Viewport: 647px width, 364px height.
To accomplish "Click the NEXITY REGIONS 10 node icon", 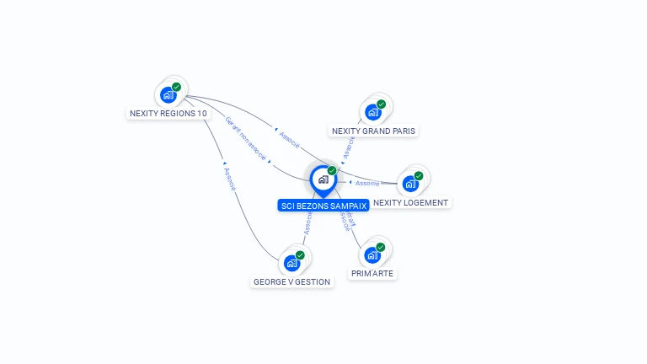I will [x=168, y=94].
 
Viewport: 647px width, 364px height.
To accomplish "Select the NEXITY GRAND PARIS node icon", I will [x=373, y=112].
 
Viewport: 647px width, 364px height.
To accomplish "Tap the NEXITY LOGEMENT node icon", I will [x=410, y=183].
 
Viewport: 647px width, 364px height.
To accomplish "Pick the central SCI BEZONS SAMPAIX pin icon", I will [x=323, y=179].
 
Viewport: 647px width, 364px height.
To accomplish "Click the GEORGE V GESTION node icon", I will [x=291, y=263].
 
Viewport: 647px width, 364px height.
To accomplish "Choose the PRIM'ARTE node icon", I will [x=372, y=254].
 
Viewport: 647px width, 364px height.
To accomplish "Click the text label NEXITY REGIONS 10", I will [x=168, y=113].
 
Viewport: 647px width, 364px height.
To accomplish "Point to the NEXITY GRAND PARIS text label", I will [x=374, y=131].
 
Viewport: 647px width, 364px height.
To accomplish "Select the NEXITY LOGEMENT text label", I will [x=410, y=202].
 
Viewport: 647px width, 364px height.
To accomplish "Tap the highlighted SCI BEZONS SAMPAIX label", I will [x=323, y=206].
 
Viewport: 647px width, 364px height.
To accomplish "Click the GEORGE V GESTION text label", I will [x=291, y=281].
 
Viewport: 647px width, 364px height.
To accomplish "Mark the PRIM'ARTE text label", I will [x=372, y=273].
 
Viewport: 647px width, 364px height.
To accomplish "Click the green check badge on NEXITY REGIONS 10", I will [x=177, y=87].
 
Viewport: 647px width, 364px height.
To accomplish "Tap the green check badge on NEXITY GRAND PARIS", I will [x=382, y=104].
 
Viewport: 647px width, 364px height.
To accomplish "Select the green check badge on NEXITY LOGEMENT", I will [x=419, y=176].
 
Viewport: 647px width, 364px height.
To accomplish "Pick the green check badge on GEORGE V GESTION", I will [x=300, y=255].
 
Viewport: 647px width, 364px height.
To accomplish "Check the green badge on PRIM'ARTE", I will [x=381, y=247].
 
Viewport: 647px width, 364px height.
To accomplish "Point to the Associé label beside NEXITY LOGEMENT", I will [x=367, y=183].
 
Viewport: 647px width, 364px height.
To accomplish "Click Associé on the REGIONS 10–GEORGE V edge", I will [x=230, y=179].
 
